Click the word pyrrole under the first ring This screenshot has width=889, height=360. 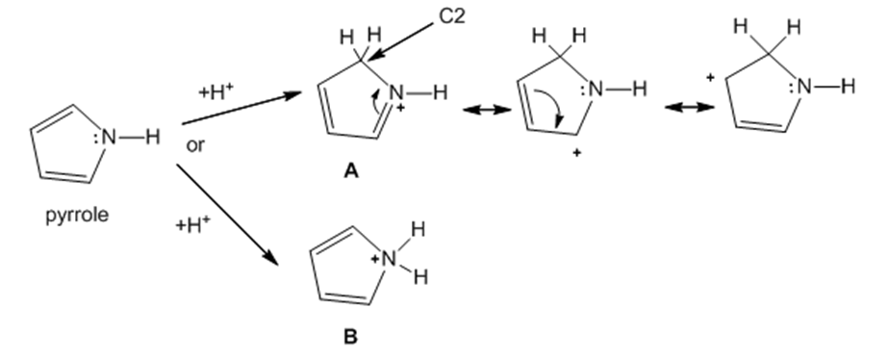tap(77, 216)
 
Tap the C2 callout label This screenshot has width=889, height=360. tap(452, 16)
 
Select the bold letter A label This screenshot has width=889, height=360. tap(351, 170)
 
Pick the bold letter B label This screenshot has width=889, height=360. tap(350, 337)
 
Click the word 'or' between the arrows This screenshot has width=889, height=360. tap(195, 145)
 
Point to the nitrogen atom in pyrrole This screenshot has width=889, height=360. tap(110, 137)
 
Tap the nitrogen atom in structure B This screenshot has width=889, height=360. tap(389, 259)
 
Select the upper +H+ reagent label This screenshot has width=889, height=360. tap(216, 90)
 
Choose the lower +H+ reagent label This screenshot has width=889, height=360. tap(192, 224)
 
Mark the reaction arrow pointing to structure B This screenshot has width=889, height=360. tap(227, 215)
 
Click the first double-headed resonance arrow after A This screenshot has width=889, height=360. tap(488, 110)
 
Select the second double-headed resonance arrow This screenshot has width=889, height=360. tap(690, 107)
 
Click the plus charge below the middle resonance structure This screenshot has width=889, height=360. tap(576, 153)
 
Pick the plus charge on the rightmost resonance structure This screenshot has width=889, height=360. tap(709, 78)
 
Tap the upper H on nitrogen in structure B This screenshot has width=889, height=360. tap(419, 230)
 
